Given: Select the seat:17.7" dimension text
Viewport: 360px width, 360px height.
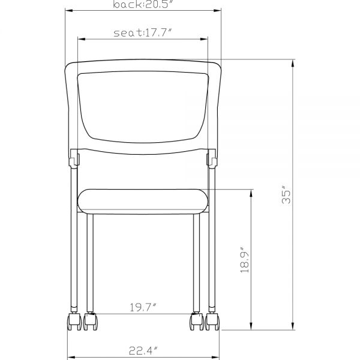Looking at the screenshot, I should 143,33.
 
